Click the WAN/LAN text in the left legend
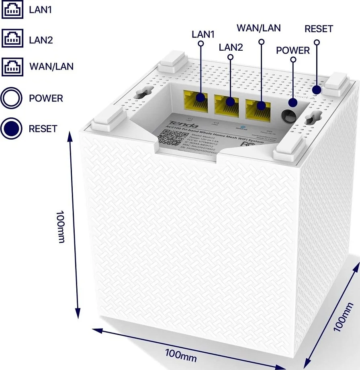[x=51, y=66]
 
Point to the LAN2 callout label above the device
[x=231, y=47]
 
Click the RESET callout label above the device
[x=319, y=29]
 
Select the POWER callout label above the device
[x=293, y=50]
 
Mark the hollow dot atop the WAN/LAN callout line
[x=262, y=41]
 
